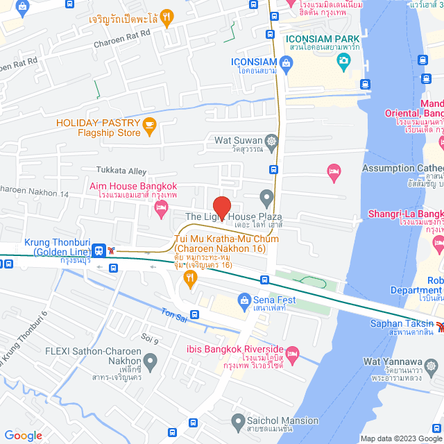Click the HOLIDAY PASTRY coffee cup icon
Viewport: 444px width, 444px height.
point(149,127)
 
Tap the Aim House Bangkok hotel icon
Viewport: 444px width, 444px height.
point(161,207)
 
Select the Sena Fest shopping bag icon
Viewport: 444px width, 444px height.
point(244,300)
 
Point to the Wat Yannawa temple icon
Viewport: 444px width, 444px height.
point(433,365)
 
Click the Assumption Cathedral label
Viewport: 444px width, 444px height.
point(402,168)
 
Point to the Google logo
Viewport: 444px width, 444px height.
point(23,435)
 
